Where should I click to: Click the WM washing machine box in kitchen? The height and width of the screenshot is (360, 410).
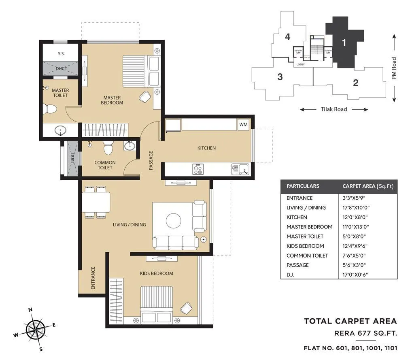pyautogui.click(x=243, y=124)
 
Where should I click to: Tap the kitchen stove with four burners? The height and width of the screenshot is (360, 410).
pyautogui.click(x=198, y=169)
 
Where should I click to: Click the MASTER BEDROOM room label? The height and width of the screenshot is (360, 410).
pyautogui.click(x=113, y=100)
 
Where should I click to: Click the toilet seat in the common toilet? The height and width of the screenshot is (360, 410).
pyautogui.click(x=108, y=148)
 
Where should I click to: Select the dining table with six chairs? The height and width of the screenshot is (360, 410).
pyautogui.click(x=96, y=202)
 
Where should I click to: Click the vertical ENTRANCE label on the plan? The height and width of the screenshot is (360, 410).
pyautogui.click(x=93, y=277)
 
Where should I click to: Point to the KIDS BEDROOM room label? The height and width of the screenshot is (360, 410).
pyautogui.click(x=156, y=273)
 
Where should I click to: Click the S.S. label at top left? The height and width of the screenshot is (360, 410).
pyautogui.click(x=61, y=53)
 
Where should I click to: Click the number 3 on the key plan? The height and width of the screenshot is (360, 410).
pyautogui.click(x=280, y=77)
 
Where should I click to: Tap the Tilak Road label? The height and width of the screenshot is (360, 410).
pyautogui.click(x=334, y=109)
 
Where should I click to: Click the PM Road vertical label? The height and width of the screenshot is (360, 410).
pyautogui.click(x=394, y=68)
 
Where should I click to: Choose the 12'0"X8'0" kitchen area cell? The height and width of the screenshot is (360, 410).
pyautogui.click(x=356, y=217)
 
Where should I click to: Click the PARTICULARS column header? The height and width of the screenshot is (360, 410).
pyautogui.click(x=303, y=186)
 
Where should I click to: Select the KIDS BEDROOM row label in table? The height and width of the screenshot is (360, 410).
pyautogui.click(x=305, y=246)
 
